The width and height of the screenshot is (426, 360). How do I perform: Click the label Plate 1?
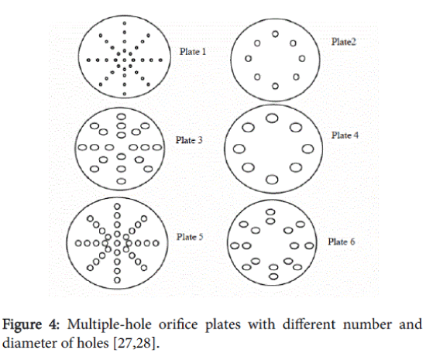click(193, 52)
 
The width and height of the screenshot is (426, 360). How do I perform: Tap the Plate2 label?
click(343, 42)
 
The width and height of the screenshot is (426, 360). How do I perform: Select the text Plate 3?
click(189, 140)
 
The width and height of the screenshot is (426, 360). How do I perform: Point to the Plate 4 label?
click(345, 135)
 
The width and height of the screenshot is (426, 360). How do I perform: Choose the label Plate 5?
click(190, 237)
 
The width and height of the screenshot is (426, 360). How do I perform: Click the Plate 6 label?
click(342, 242)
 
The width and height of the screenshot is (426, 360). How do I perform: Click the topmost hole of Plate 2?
click(275, 34)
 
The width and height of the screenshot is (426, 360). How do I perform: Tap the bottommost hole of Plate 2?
click(275, 86)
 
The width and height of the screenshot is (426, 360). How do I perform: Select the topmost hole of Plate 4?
click(272, 118)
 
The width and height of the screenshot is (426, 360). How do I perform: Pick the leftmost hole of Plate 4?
click(239, 149)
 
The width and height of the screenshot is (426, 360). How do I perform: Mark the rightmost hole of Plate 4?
click(307, 149)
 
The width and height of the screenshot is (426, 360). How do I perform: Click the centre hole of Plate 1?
click(125, 60)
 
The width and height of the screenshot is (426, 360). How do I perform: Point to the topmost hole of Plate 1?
click(125, 23)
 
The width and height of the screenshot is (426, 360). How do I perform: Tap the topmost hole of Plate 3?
click(121, 117)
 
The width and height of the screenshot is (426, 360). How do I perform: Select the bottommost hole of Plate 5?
click(117, 280)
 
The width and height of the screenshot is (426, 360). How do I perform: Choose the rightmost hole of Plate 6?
click(309, 246)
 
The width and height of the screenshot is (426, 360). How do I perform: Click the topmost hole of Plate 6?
click(270, 212)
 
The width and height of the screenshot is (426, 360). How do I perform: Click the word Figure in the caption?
click(22, 325)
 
